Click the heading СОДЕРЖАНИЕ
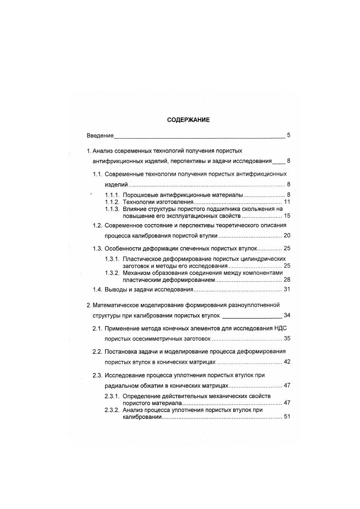188,120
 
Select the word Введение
100,135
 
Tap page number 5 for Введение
288,135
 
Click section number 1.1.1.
112,195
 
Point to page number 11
287,202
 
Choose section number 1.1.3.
112,209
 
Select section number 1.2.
97,225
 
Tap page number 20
287,235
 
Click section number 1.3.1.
112,259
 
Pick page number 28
287,280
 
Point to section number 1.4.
97,289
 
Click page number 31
287,289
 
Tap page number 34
287,315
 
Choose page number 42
287,362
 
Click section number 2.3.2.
112,410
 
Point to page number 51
287,417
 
